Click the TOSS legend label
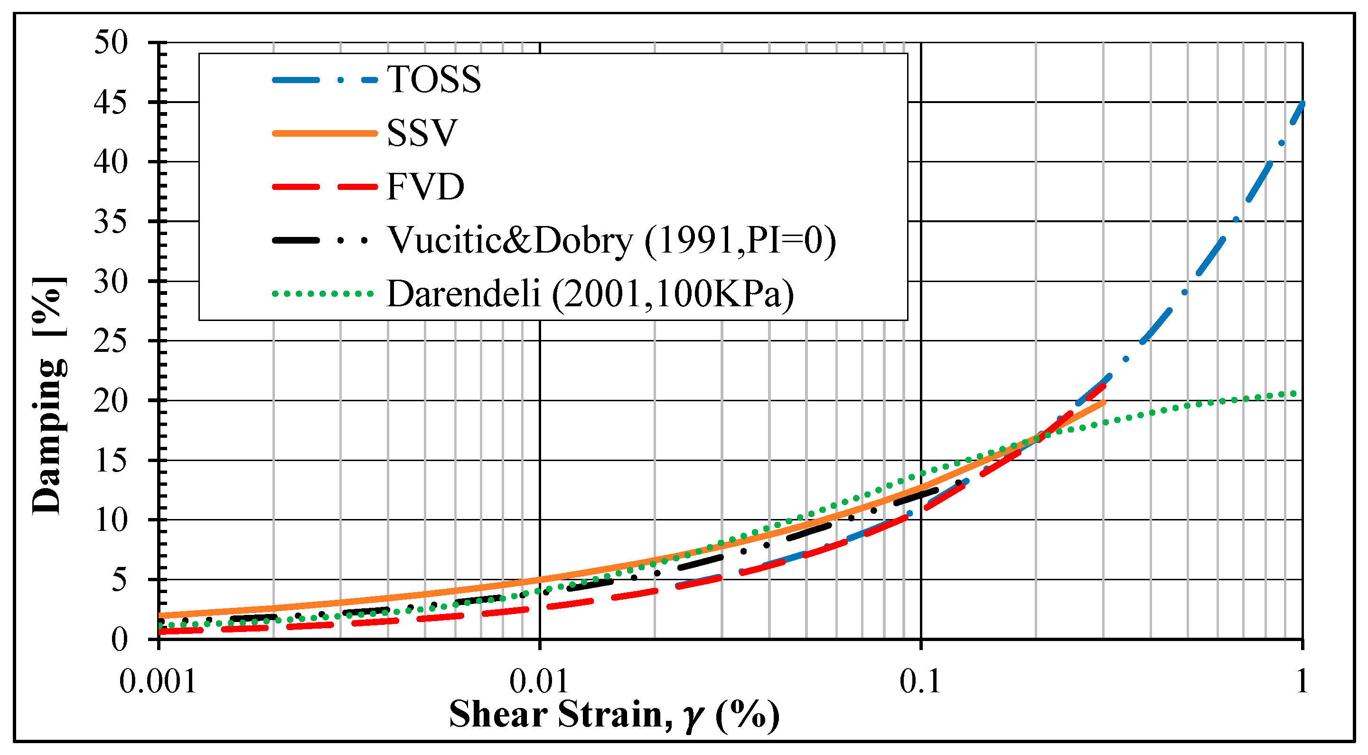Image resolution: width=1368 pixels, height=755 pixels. [x=433, y=80]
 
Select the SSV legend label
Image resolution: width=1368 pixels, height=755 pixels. [x=422, y=133]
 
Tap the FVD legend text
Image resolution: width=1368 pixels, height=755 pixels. [x=425, y=187]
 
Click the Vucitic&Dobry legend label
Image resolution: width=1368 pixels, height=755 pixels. [x=611, y=240]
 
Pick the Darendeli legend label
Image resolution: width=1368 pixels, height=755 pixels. [x=590, y=293]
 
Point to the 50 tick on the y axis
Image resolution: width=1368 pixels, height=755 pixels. [x=111, y=43]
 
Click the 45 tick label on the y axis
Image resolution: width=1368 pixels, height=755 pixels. [x=111, y=102]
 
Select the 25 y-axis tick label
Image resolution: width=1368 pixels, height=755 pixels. [x=111, y=340]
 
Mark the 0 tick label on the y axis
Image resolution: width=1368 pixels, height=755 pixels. [x=119, y=640]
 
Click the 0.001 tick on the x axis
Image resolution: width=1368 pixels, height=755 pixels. [x=158, y=681]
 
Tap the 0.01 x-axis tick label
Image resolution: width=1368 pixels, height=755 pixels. [x=539, y=681]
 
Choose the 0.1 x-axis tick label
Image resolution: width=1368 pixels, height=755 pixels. [x=920, y=681]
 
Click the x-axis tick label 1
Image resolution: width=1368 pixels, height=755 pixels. [x=1301, y=681]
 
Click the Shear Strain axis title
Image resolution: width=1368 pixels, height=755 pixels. [x=614, y=715]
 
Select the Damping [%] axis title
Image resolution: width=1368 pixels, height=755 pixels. [x=49, y=396]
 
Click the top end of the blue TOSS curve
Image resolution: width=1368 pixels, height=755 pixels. [x=1302, y=103]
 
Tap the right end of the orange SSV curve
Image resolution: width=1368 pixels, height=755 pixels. [x=1104, y=402]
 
